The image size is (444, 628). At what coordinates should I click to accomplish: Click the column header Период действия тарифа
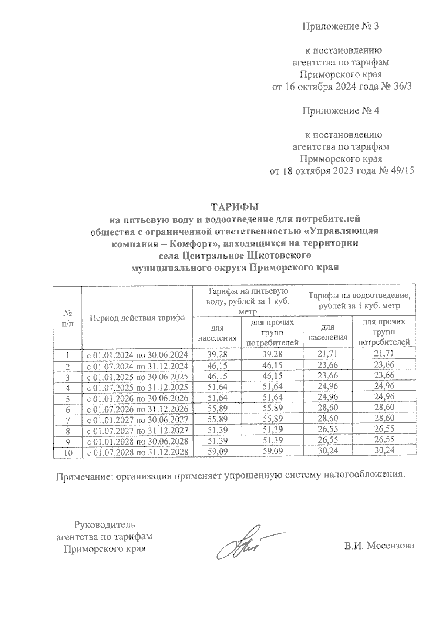tap(137, 318)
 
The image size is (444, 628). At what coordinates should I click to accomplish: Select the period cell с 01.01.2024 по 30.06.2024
tap(137, 355)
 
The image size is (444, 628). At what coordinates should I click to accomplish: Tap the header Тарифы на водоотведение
tap(359, 296)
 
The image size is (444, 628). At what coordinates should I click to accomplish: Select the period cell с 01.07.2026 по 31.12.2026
tap(137, 409)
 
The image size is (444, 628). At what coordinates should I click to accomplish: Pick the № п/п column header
tap(67, 318)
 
